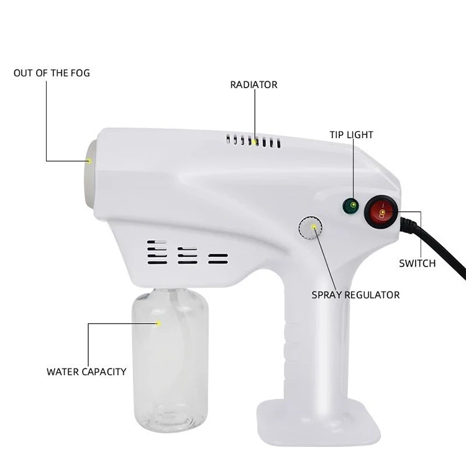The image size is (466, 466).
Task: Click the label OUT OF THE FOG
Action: tap(52, 73)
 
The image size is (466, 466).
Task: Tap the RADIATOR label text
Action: tap(254, 85)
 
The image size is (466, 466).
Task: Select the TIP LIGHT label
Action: tap(351, 135)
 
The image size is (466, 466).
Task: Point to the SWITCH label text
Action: tap(417, 263)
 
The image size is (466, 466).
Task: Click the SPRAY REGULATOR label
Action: tap(355, 295)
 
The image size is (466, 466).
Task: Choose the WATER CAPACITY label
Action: tap(86, 372)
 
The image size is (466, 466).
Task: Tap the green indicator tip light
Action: tap(352, 205)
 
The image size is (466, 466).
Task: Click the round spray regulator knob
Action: tap(311, 228)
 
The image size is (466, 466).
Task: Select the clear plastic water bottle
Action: tap(169, 367)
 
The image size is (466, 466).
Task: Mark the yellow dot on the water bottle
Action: tap(158, 323)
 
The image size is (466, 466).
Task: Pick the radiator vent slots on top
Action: tap(254, 142)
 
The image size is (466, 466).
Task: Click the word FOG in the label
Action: tap(80, 73)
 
